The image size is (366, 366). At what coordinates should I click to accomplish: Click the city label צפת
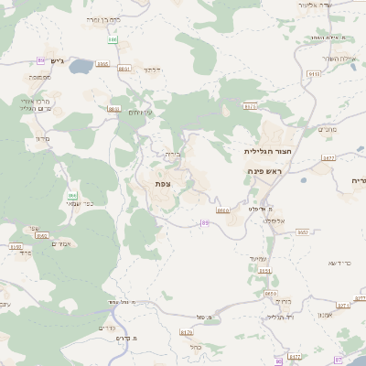[163, 184]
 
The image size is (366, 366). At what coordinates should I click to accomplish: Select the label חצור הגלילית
[265, 150]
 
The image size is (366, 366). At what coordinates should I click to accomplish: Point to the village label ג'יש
[55, 60]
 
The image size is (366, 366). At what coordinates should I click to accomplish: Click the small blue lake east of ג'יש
[81, 66]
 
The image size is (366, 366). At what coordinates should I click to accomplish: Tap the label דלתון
[152, 70]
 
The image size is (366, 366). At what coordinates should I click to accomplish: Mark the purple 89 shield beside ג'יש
[41, 59]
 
